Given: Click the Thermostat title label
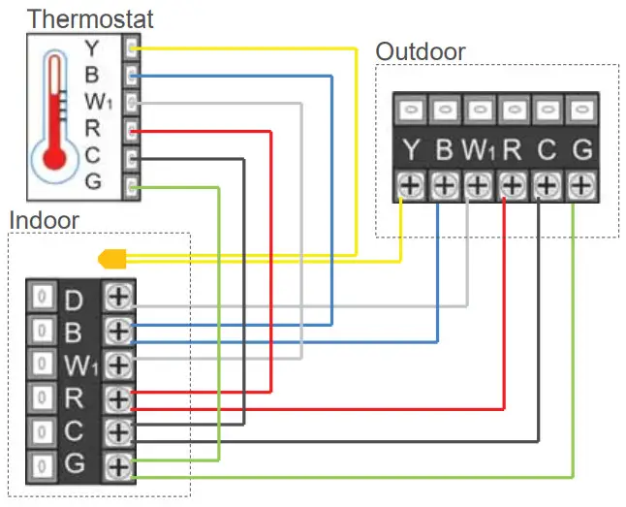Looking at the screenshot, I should (x=90, y=17).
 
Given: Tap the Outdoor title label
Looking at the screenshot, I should (x=421, y=51).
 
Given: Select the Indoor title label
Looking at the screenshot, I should (x=44, y=219).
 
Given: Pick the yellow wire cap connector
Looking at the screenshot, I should (x=112, y=259).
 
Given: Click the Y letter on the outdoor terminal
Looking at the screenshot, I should (x=411, y=151).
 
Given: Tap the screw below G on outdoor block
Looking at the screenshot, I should (x=580, y=184).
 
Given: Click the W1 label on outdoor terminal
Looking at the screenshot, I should (x=478, y=151).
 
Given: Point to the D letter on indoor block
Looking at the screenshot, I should (x=74, y=299).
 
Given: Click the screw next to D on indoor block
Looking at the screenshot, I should (x=119, y=298).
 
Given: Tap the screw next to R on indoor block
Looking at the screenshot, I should (x=119, y=398).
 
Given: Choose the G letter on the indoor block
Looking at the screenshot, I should (x=74, y=464).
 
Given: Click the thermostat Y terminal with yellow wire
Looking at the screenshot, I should (x=132, y=46).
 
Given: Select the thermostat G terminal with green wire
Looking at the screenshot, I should (x=132, y=182).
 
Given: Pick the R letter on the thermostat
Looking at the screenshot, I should (x=93, y=127).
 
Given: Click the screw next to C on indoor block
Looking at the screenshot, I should (x=119, y=431).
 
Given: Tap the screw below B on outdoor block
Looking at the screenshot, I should (x=444, y=184).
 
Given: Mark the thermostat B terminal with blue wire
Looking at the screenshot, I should (x=132, y=74).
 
